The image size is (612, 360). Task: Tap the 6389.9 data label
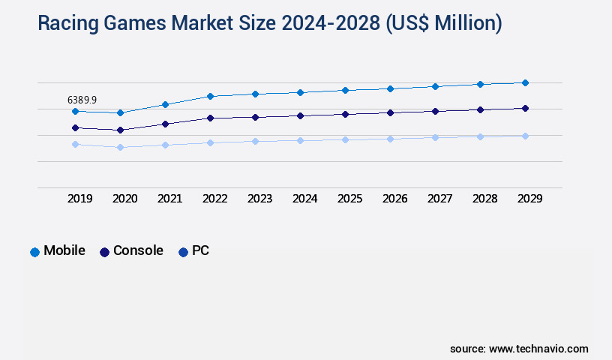click(x=82, y=100)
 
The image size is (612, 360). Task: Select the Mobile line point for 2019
click(x=75, y=111)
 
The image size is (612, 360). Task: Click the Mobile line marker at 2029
click(x=525, y=82)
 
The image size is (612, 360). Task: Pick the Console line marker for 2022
click(x=210, y=118)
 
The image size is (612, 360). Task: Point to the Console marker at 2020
click(x=120, y=130)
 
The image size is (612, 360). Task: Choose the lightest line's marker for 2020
click(x=120, y=147)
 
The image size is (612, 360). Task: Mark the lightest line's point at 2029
click(x=525, y=136)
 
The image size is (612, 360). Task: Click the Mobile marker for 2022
click(x=210, y=96)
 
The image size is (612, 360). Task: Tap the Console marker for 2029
click(x=525, y=108)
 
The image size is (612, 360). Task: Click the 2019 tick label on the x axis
click(x=80, y=199)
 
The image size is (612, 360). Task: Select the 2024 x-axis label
click(x=305, y=199)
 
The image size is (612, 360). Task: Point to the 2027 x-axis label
click(x=440, y=199)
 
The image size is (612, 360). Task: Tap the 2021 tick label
click(x=170, y=199)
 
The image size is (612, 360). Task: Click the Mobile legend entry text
click(x=64, y=251)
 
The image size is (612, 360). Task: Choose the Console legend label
click(x=138, y=251)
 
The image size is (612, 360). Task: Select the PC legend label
click(x=200, y=251)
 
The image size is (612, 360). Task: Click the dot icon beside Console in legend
click(x=105, y=252)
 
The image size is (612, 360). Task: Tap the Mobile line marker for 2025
click(x=345, y=90)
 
